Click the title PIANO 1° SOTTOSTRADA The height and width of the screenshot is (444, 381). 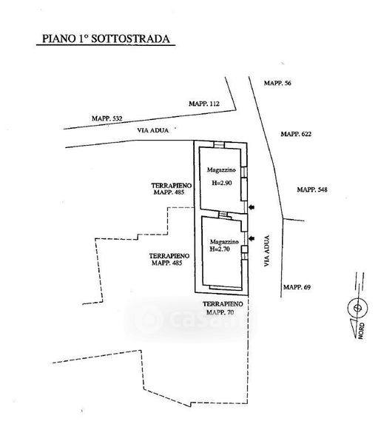(x=106, y=38)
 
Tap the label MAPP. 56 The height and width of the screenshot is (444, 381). (x=277, y=83)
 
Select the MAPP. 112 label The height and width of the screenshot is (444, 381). (x=204, y=104)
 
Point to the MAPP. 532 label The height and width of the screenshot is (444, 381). (x=107, y=118)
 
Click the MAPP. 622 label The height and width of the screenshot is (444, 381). (x=296, y=134)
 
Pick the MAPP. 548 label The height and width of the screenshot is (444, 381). (x=312, y=189)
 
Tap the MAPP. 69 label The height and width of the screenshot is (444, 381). (x=297, y=287)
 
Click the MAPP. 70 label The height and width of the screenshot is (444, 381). (x=220, y=312)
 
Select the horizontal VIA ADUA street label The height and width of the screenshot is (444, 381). (x=153, y=130)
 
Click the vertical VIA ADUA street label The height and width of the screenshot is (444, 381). (x=267, y=251)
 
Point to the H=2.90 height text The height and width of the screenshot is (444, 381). (x=222, y=183)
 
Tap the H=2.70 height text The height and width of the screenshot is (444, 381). (x=220, y=249)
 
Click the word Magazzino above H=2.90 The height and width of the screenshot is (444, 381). (x=221, y=170)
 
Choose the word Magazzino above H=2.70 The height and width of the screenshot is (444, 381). (x=224, y=242)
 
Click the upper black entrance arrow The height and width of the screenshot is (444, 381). (x=252, y=207)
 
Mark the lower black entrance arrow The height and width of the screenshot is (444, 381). (x=252, y=239)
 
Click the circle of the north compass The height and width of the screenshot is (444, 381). (x=358, y=298)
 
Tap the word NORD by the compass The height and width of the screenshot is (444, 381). (x=362, y=331)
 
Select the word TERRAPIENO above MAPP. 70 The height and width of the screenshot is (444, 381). (x=223, y=304)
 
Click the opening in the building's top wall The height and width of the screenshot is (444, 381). (x=219, y=145)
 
